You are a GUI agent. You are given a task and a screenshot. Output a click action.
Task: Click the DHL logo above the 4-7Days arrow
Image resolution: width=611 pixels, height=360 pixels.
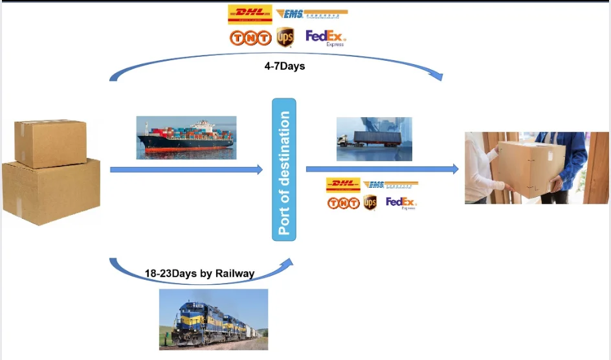coord(250,14)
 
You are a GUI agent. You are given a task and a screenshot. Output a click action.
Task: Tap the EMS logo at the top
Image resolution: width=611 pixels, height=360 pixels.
coord(312,14)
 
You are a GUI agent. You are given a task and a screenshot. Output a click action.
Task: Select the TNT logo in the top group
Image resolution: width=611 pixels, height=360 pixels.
coord(250,39)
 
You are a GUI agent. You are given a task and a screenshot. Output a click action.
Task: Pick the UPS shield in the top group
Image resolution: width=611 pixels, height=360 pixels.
coord(285,38)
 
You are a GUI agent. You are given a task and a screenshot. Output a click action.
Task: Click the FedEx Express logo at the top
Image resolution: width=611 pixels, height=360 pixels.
coord(326,38)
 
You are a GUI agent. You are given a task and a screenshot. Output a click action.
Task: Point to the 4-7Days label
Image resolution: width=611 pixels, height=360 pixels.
coord(285,66)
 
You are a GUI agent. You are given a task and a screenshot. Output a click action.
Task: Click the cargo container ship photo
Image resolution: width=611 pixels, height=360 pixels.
coord(186,137)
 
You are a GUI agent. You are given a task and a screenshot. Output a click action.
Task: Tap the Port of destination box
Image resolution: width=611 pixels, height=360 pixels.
coord(284,170)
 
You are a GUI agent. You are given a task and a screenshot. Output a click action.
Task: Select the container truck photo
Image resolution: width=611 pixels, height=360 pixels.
coord(374,139)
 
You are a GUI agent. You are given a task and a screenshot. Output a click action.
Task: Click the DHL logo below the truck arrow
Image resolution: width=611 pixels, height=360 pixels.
coord(343,185)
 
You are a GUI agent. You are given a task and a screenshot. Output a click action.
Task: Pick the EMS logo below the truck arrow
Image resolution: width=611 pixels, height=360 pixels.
coord(390,185)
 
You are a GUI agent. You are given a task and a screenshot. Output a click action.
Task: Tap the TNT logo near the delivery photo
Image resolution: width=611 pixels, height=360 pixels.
coord(343,203)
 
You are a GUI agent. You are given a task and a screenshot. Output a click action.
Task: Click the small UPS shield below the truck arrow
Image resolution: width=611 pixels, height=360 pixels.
coord(370,203)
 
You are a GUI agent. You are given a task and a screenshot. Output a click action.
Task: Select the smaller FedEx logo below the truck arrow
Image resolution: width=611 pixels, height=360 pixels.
coord(401,203)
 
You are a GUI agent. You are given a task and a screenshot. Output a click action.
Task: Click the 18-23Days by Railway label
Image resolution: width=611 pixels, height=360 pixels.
coord(199,274)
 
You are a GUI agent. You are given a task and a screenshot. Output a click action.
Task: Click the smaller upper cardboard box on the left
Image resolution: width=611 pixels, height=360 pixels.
coord(50,142)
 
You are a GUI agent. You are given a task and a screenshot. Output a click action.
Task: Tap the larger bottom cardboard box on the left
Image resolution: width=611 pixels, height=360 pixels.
coord(51,193)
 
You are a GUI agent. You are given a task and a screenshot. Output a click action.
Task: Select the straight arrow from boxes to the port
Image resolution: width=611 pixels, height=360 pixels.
coord(186,170)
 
